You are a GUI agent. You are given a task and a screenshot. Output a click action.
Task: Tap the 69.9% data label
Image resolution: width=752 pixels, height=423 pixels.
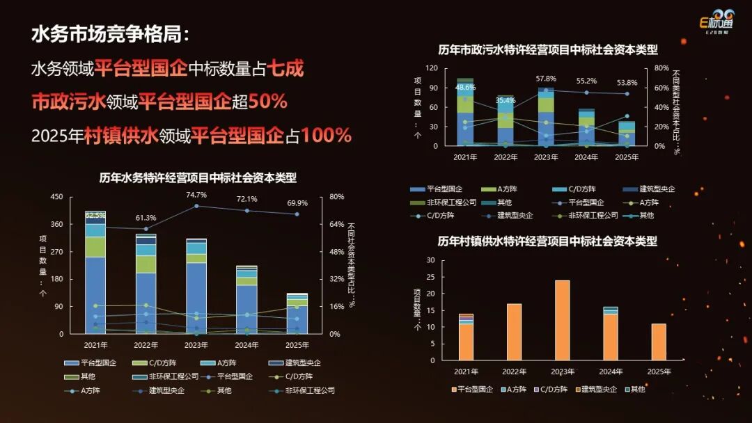(x=297, y=203)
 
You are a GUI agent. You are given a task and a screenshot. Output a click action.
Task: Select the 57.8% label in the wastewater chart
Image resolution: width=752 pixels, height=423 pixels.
(x=546, y=79)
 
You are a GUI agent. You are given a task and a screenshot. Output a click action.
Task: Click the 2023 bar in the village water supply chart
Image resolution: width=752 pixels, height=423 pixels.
(x=561, y=320)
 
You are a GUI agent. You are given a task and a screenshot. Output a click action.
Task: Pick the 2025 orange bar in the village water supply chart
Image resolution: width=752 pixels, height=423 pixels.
(x=659, y=342)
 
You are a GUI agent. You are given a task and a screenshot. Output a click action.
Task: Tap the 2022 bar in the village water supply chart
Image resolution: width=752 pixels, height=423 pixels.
(x=514, y=332)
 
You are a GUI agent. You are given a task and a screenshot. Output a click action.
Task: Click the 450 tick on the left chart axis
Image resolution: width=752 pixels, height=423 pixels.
(x=56, y=197)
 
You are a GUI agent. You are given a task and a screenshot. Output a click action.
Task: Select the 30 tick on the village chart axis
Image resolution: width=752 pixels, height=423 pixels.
(x=430, y=260)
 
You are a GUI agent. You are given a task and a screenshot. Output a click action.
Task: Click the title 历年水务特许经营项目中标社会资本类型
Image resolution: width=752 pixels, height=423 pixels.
(x=198, y=177)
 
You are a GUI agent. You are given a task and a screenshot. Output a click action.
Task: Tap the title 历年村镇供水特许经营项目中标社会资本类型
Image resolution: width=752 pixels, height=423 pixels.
(x=547, y=241)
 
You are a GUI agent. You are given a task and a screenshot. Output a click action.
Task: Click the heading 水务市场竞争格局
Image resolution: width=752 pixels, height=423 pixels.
(x=109, y=35)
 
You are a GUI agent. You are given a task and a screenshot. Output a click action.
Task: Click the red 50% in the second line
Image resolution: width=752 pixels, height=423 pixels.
(x=268, y=102)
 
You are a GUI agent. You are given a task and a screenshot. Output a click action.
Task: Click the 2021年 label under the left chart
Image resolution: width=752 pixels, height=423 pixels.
(x=95, y=345)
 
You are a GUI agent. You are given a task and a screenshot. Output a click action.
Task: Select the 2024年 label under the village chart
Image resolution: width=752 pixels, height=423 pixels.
(x=610, y=372)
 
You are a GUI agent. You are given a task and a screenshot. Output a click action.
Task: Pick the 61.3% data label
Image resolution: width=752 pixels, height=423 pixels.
(x=146, y=218)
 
